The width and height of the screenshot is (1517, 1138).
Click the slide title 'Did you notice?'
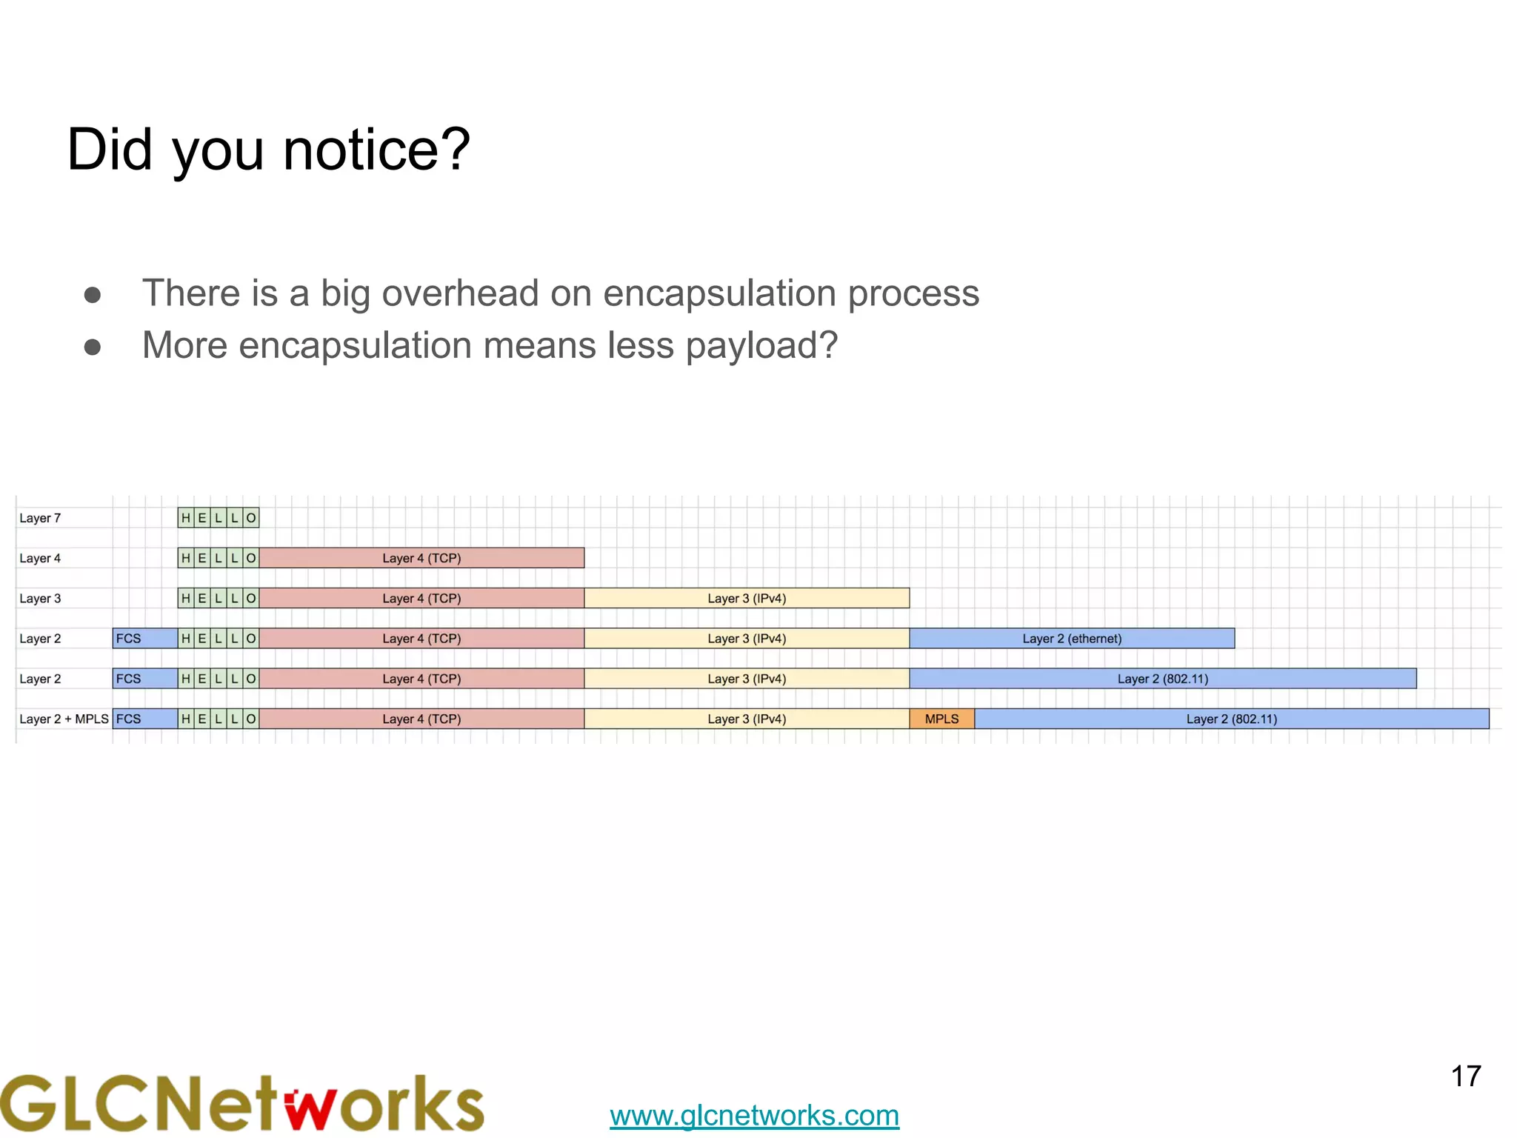[268, 150]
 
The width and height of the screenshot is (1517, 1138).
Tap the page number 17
[1465, 1077]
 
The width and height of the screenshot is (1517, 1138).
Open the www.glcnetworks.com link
[754, 1115]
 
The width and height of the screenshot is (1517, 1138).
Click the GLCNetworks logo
[241, 1103]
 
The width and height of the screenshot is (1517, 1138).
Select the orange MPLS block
[941, 719]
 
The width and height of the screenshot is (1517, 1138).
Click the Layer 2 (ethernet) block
[1072, 639]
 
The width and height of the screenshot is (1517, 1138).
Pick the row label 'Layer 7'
[40, 518]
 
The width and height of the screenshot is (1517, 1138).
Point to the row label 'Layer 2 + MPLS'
[64, 719]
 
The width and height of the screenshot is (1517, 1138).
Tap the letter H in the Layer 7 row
[186, 518]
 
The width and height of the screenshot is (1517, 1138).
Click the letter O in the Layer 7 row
[251, 518]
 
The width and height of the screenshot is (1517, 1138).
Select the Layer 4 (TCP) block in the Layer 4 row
[421, 558]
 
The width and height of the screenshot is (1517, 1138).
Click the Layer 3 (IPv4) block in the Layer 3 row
[747, 598]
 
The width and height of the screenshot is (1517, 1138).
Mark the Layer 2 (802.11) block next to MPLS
[1231, 719]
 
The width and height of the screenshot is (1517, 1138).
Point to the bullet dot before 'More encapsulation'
[93, 347]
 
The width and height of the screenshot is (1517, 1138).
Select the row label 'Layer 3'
[40, 598]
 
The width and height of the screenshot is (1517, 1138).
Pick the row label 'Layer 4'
[40, 558]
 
